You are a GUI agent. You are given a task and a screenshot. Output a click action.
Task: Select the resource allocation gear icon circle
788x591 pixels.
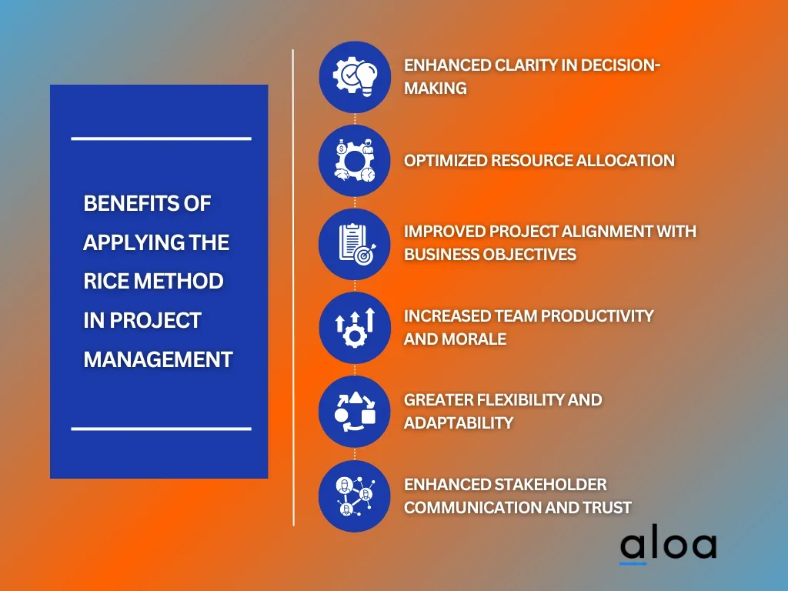(x=355, y=160)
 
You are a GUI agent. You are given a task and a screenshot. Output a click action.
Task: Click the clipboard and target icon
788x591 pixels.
(x=355, y=244)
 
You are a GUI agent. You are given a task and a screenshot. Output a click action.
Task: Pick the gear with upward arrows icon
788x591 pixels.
(x=355, y=328)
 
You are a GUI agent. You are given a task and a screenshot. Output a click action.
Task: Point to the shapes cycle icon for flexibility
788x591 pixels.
(x=355, y=412)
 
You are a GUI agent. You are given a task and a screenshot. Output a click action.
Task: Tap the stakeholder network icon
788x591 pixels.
(x=355, y=496)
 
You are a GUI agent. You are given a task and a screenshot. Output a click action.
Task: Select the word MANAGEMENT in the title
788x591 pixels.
(x=158, y=359)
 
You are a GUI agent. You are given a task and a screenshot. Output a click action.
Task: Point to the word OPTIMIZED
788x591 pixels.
(x=446, y=160)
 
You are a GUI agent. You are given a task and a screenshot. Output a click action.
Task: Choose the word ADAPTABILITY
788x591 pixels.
(x=459, y=422)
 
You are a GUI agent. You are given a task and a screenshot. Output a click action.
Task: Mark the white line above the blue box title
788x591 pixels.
(x=162, y=139)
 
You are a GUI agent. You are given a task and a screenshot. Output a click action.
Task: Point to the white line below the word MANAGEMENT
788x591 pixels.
(x=162, y=429)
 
